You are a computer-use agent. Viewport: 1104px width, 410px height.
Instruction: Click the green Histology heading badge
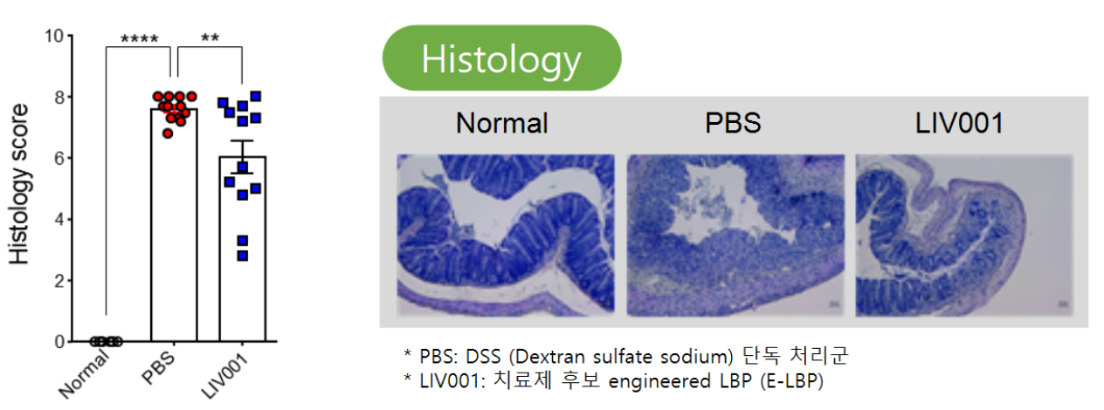[x=501, y=58]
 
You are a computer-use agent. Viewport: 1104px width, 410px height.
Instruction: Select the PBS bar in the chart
[x=174, y=225]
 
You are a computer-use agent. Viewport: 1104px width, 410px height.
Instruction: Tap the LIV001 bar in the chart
[x=243, y=249]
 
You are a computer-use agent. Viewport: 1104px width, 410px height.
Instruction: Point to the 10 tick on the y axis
[x=54, y=36]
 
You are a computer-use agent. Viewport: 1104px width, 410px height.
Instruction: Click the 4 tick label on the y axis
[x=59, y=220]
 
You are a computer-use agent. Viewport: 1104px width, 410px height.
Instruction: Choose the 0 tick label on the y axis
[x=59, y=342]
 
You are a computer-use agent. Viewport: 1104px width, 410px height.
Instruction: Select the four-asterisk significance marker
[x=140, y=39]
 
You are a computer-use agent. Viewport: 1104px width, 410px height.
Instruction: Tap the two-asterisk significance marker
[x=210, y=38]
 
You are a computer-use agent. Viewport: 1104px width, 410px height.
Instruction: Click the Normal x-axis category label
[x=84, y=375]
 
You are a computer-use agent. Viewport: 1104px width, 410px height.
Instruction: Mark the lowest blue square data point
[x=243, y=256]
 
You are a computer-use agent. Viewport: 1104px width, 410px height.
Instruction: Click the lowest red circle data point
[x=168, y=133]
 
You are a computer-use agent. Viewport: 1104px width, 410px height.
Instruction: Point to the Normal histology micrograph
[x=506, y=236]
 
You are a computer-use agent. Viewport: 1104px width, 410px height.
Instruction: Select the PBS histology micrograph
[x=735, y=236]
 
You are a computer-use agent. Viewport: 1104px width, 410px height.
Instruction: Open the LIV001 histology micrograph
[x=964, y=236]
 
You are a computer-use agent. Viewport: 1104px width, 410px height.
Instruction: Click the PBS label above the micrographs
[x=733, y=123]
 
